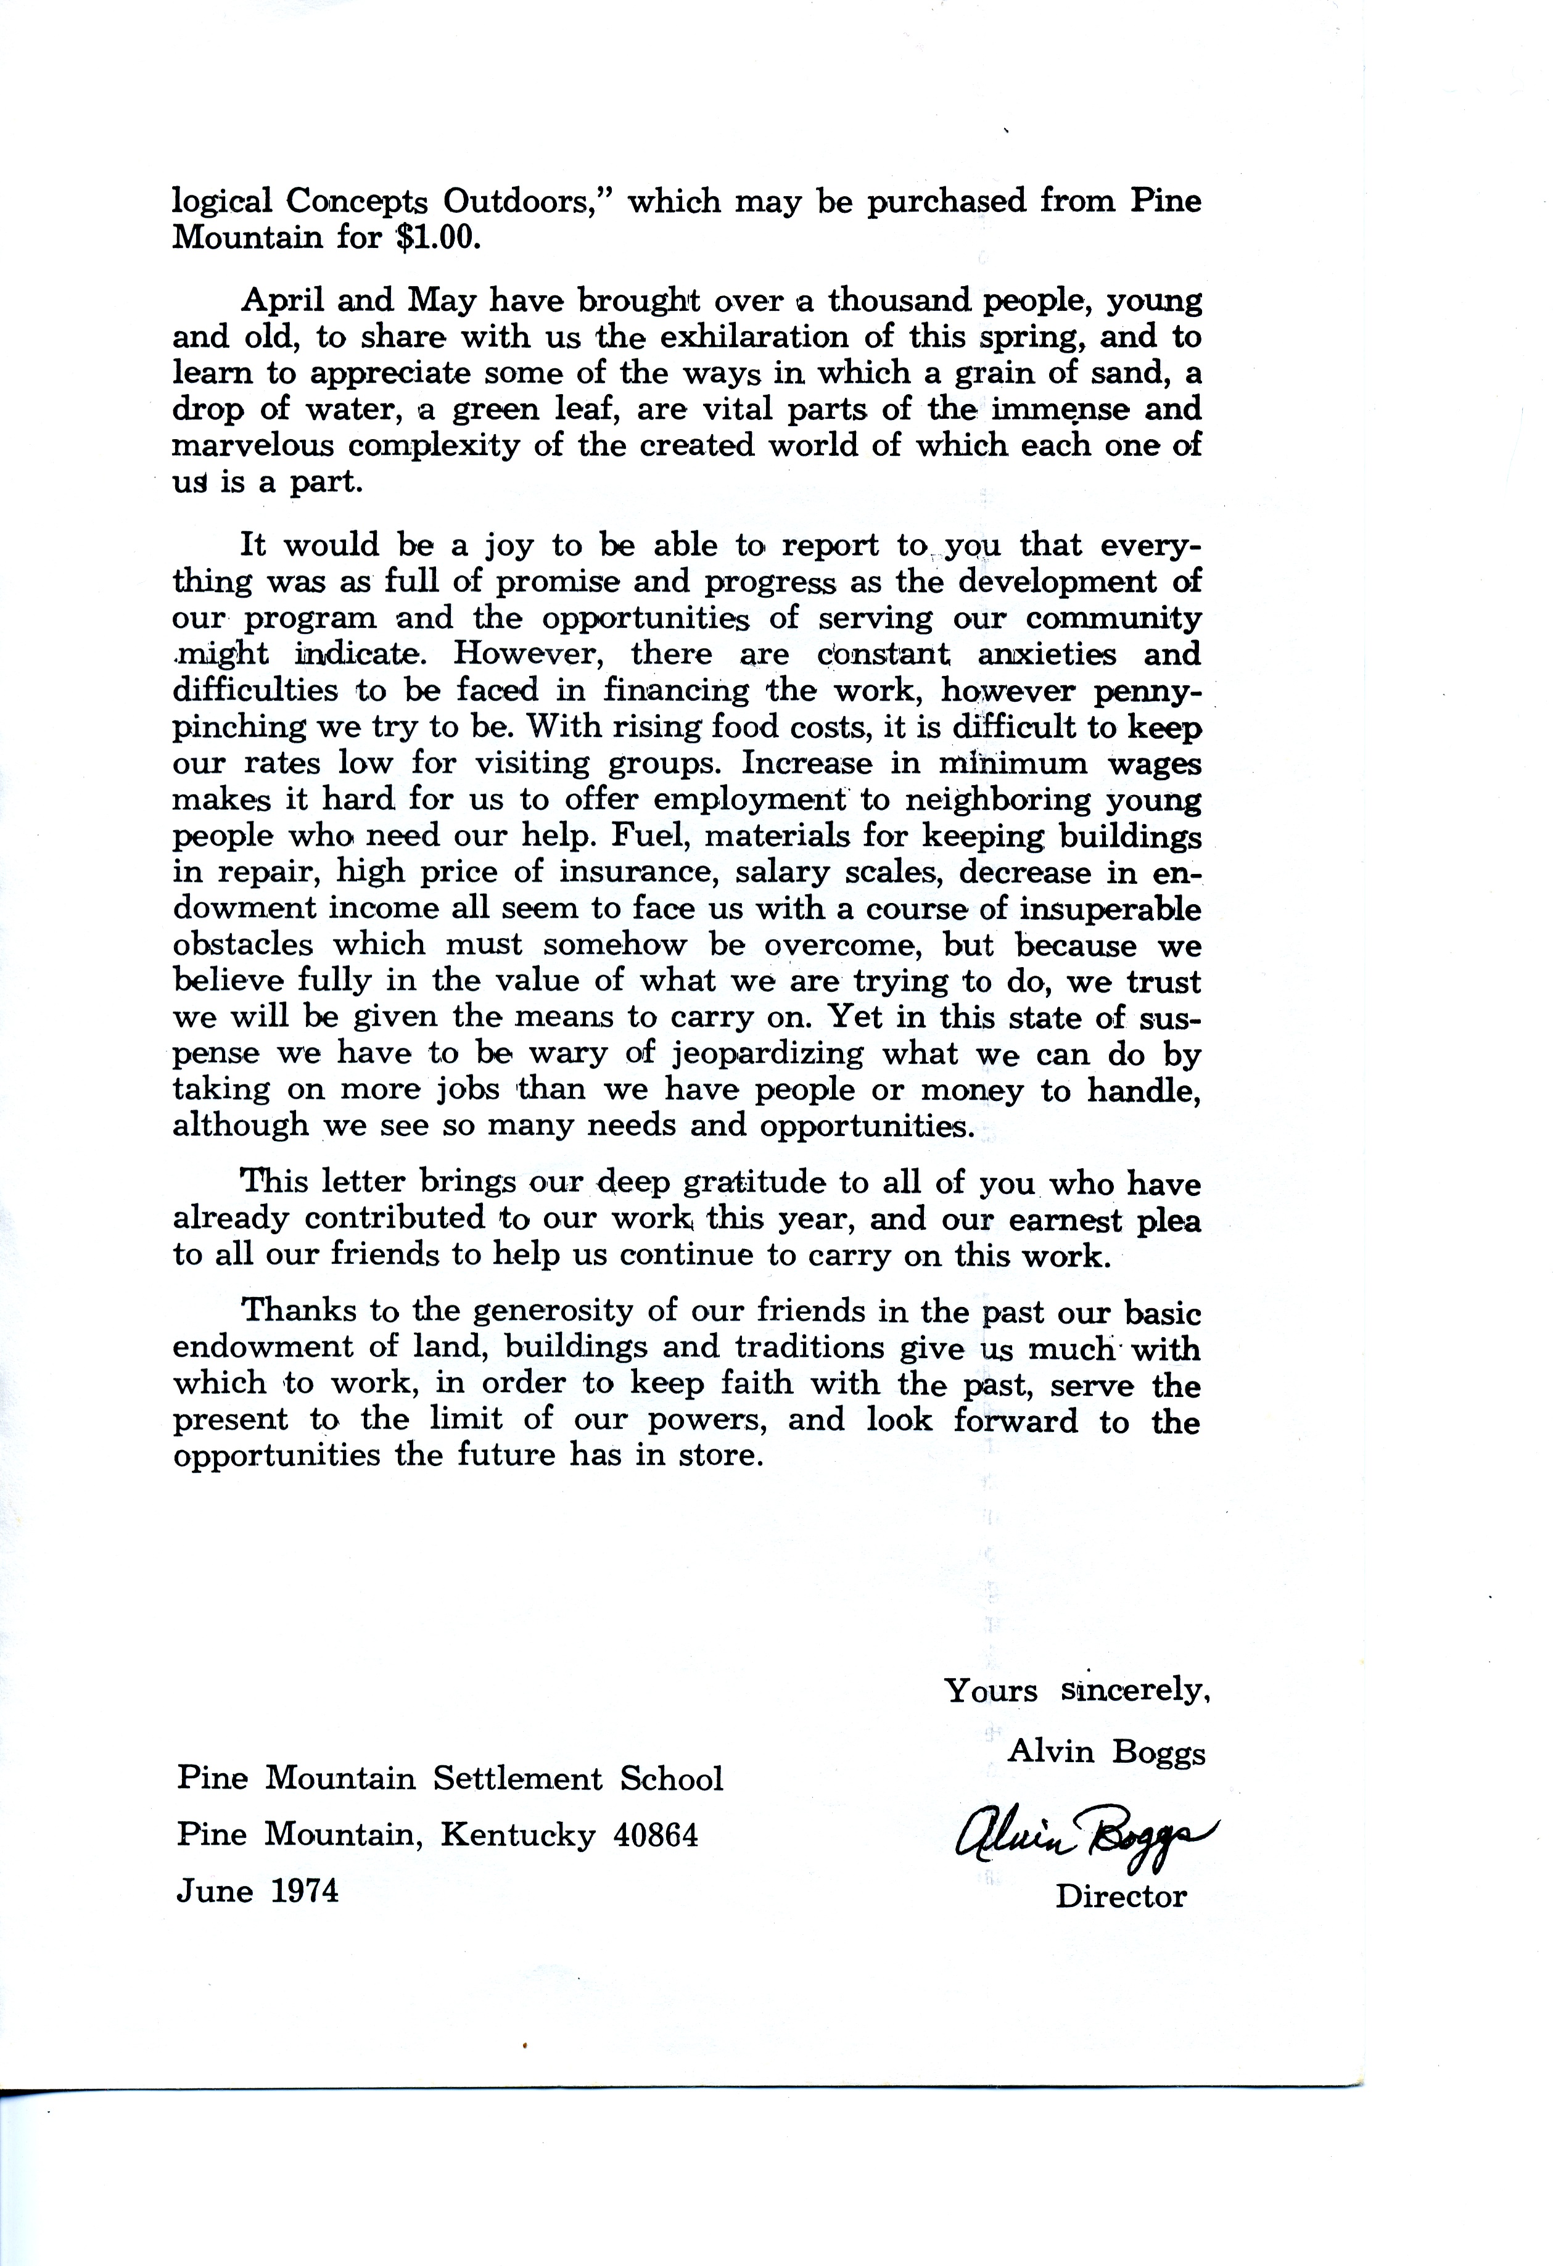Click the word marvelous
click(x=255, y=445)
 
